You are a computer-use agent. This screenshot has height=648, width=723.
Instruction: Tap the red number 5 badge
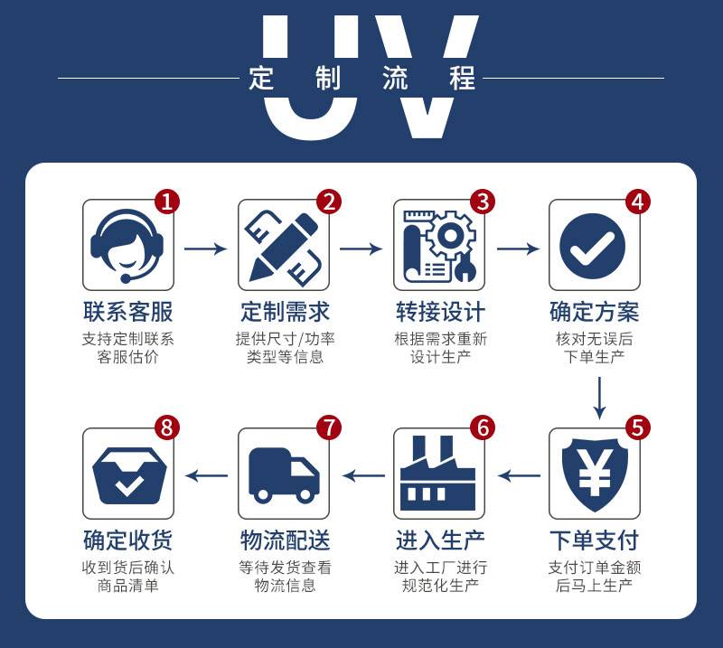(638, 427)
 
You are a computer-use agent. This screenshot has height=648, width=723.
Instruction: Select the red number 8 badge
(166, 427)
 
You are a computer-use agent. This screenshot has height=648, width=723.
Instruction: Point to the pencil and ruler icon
(284, 247)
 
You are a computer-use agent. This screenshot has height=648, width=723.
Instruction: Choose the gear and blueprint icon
(439, 246)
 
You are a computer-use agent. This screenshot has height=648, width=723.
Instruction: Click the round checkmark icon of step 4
(593, 246)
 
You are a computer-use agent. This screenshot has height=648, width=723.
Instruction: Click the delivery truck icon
(284, 475)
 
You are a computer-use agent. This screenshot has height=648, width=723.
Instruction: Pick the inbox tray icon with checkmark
(129, 475)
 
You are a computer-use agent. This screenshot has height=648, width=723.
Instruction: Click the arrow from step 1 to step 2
(206, 249)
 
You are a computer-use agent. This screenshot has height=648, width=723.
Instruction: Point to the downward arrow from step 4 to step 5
(599, 398)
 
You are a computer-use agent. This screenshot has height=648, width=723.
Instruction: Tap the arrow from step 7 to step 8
(207, 475)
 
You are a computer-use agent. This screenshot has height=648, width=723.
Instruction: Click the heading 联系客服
(128, 312)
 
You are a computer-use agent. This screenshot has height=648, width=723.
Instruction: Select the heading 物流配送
(285, 540)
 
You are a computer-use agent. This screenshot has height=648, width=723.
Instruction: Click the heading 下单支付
(595, 540)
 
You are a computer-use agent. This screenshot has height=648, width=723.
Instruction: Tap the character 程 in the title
(463, 78)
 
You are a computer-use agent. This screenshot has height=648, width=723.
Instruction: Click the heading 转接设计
(440, 312)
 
